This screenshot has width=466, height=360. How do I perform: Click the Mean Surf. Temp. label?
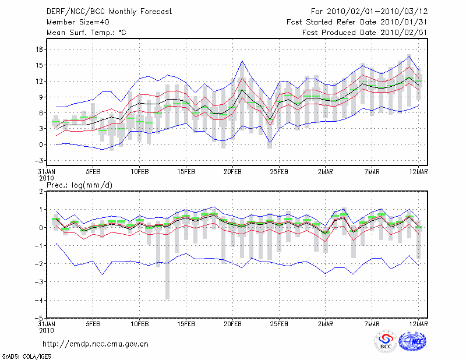pos(86,33)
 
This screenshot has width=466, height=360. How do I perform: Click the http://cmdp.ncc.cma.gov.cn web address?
pos(96,344)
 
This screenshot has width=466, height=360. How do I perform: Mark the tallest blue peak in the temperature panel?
pos(242,61)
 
